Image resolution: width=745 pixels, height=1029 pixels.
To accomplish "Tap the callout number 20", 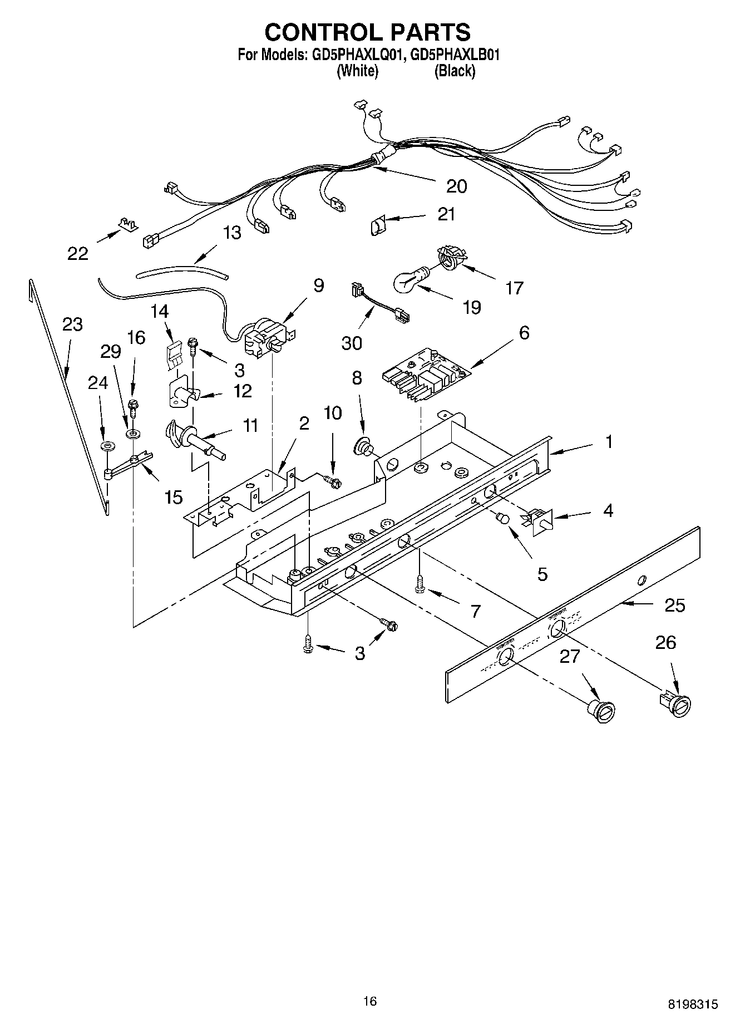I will point(456,186).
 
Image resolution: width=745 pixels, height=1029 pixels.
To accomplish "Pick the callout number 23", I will point(72,324).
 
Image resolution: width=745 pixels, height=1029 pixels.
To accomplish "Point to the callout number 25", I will point(674,605).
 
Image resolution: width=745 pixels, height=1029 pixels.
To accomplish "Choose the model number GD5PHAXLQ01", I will point(353,56).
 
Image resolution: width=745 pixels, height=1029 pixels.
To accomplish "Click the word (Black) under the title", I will point(455,71).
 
